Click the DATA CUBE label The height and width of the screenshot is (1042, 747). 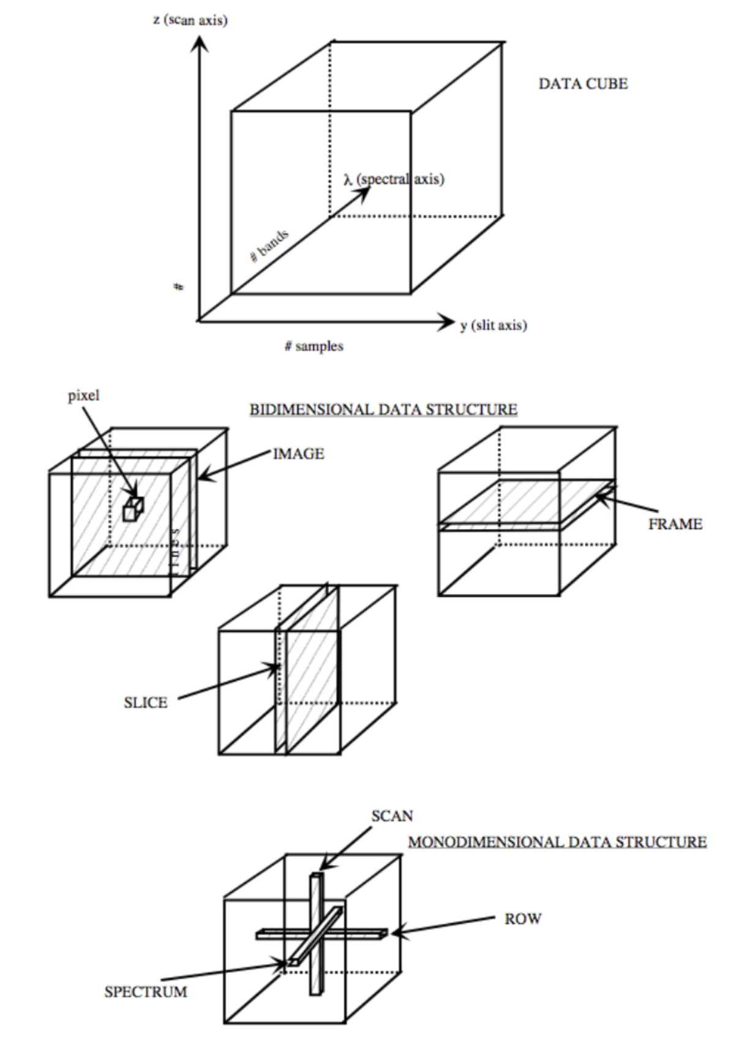point(583,84)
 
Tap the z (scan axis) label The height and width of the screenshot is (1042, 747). point(190,20)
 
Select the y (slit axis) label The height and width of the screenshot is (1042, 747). point(494,325)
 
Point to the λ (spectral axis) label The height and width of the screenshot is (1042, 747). point(394,179)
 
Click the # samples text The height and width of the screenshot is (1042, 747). point(314,347)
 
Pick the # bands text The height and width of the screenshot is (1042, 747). point(269,246)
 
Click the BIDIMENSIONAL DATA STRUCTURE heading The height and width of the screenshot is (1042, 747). point(383,409)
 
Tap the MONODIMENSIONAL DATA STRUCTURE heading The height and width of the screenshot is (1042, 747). point(557,842)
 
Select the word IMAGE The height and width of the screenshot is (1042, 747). point(299,454)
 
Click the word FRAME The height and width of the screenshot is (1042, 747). point(675,524)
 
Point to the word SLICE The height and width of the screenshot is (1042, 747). point(146,702)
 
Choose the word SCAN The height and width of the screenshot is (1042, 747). point(392,816)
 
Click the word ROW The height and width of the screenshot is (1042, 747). point(523,919)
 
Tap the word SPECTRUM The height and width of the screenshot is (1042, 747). point(146,991)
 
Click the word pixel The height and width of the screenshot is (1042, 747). point(83,395)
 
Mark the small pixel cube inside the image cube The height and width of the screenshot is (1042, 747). point(133,509)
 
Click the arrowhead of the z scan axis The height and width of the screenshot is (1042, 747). point(199,44)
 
